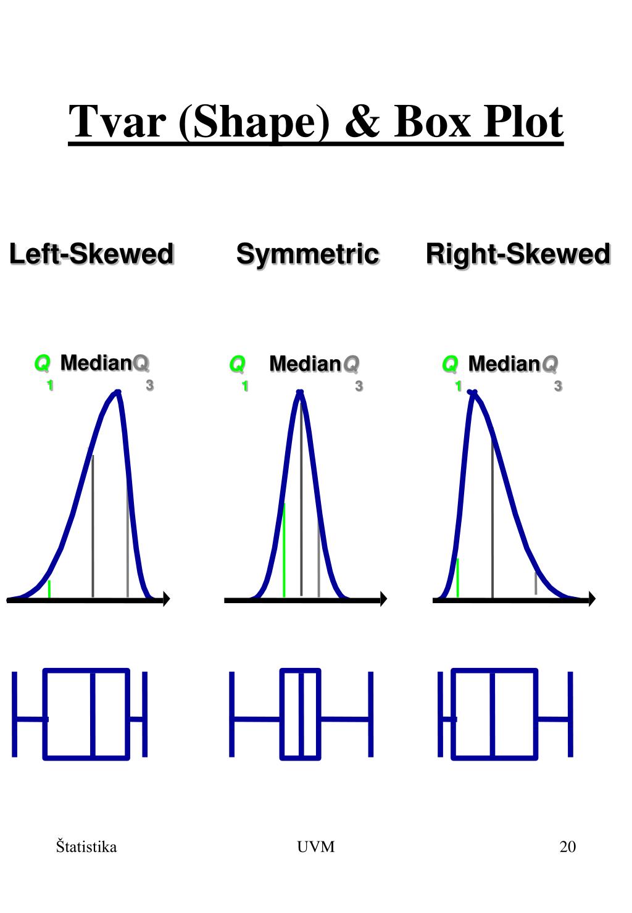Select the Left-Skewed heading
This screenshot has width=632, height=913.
91,254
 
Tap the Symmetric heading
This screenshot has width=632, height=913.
307,254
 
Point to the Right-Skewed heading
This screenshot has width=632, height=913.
518,254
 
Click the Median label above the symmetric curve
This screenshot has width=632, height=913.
305,364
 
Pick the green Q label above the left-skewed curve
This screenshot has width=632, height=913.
42,364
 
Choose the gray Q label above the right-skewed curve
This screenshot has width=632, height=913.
549,364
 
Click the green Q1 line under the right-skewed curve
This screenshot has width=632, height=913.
457,577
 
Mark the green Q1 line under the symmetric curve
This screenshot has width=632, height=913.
284,549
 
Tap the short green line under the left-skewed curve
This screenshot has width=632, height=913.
49,589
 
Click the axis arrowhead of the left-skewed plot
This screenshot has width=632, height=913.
166,599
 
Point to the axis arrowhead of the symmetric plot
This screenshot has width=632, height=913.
383,599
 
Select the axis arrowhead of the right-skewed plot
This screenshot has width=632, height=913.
592,599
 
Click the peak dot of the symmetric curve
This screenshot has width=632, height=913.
301,392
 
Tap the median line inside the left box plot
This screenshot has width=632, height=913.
93,714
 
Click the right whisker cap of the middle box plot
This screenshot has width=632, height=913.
371,714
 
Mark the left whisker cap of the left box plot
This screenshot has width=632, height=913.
14,714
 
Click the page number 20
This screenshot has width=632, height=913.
567,846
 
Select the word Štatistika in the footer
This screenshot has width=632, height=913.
86,846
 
